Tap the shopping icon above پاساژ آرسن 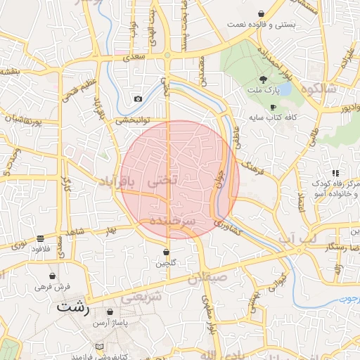coord(110,311)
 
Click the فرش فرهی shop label coord(53,287)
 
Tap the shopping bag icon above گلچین coord(166,252)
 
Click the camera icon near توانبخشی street coord(138,99)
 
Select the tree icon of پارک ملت coord(263,79)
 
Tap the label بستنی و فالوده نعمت coord(259,24)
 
